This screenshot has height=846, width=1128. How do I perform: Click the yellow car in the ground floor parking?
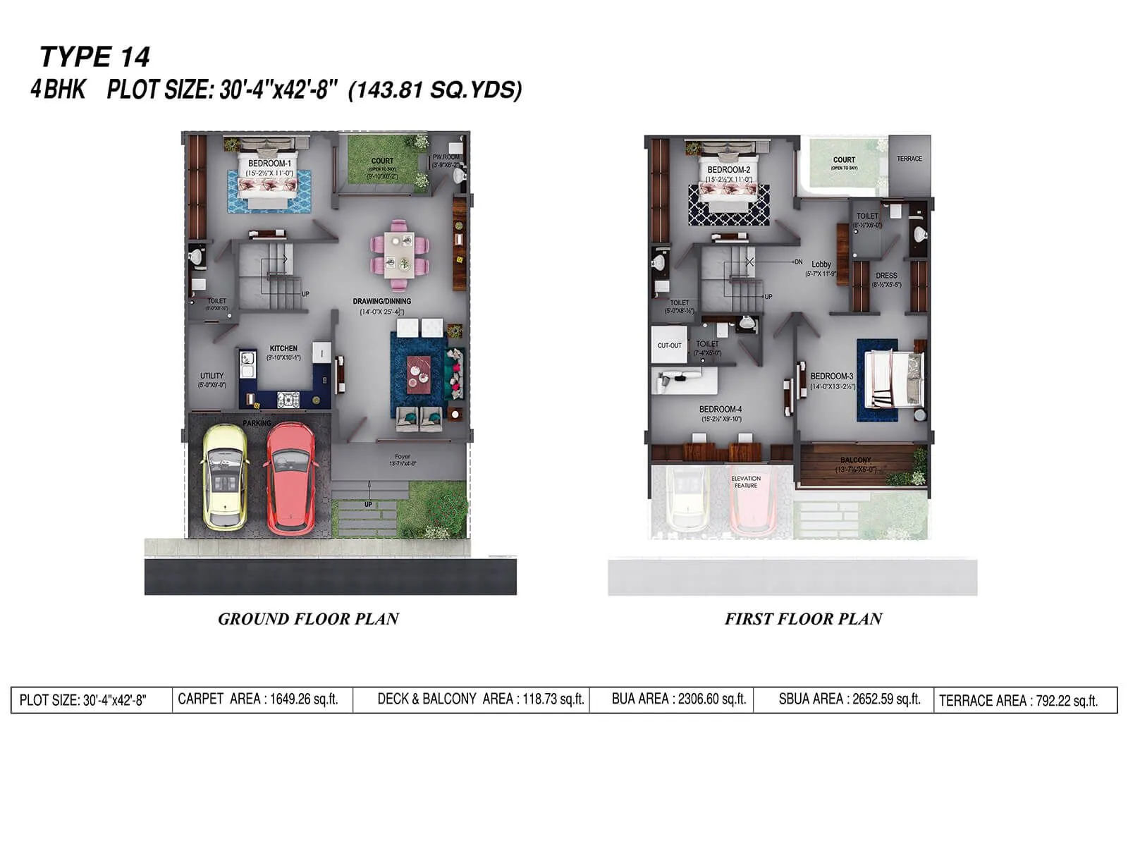pos(224,476)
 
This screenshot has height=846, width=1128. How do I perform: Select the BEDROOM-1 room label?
pos(269,164)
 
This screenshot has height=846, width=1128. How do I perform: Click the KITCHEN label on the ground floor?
pos(283,348)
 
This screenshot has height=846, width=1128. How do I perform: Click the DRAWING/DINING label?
pos(381,302)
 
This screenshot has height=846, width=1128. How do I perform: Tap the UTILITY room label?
pos(211,376)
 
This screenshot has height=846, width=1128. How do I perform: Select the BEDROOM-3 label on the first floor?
pos(831,376)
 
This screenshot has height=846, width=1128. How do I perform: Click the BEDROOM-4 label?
pos(720,409)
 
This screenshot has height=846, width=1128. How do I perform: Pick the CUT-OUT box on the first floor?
pos(669,345)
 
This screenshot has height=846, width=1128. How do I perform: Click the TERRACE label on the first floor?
pos(909,159)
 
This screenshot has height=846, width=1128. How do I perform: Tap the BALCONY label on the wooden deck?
pos(855,460)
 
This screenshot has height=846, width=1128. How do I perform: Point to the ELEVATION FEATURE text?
pos(745,482)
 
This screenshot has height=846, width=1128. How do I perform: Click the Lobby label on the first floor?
pos(821,264)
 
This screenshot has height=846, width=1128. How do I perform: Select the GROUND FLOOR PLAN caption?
pos(308,619)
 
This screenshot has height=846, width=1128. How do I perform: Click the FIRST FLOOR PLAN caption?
pos(803,619)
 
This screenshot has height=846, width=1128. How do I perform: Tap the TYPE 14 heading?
pos(94,56)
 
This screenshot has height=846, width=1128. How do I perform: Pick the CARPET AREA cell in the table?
pos(258,699)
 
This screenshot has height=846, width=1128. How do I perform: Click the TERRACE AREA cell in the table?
pos(1018,701)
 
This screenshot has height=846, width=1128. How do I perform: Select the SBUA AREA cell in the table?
pos(849,699)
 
